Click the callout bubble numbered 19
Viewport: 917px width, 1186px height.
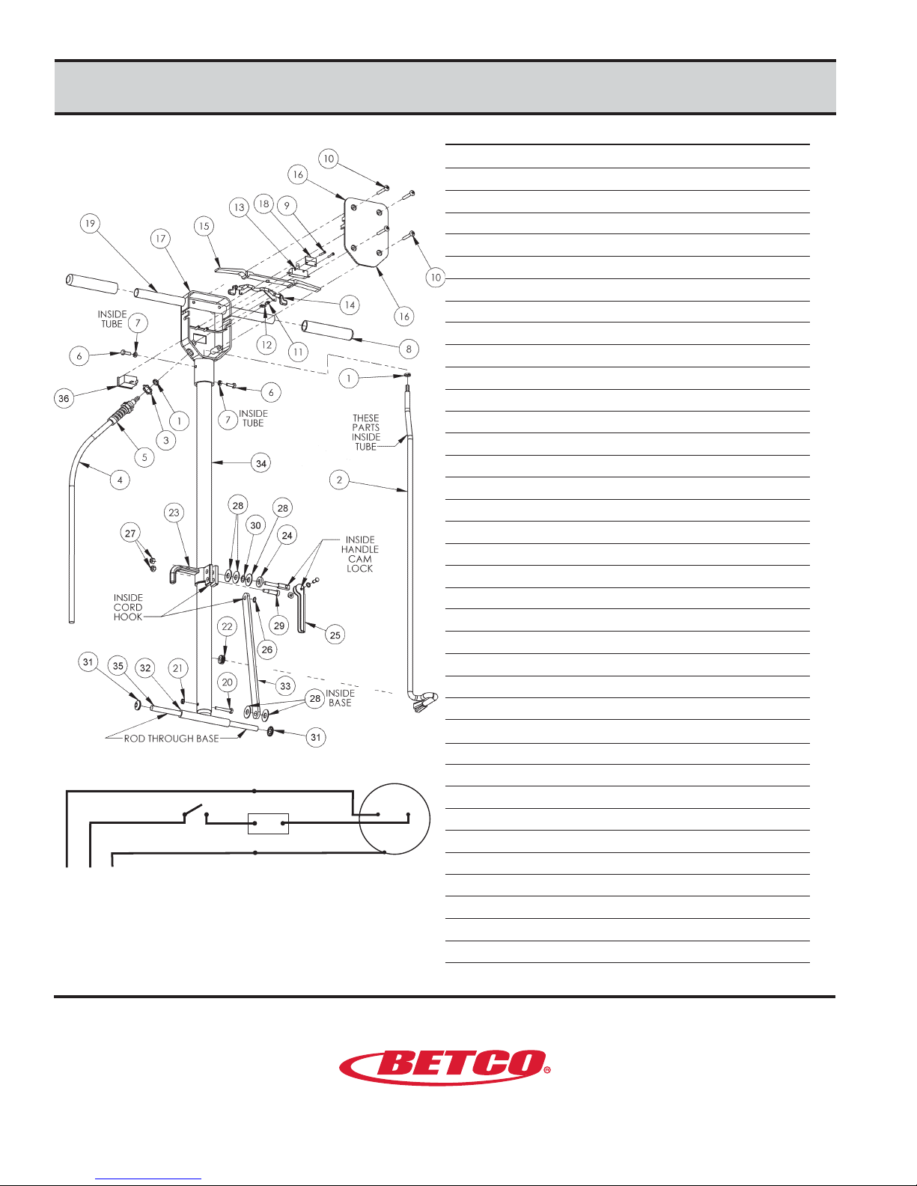(x=90, y=224)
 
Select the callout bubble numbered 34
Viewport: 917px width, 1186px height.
(x=261, y=463)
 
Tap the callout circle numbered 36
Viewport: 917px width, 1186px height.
(x=64, y=398)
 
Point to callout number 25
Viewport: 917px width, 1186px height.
(x=335, y=635)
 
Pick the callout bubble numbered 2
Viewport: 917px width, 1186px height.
(x=340, y=480)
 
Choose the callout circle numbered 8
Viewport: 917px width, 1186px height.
(x=409, y=349)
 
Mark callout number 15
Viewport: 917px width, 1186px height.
(x=204, y=226)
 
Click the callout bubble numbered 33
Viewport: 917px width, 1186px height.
(x=285, y=686)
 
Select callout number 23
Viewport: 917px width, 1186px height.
(x=174, y=513)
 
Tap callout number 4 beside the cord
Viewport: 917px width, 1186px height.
(x=120, y=480)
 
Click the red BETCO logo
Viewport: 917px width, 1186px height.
(x=445, y=1067)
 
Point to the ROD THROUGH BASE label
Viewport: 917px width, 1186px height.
(x=171, y=739)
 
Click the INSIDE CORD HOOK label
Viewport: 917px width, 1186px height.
(x=128, y=608)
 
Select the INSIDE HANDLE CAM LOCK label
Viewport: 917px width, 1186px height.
(x=360, y=554)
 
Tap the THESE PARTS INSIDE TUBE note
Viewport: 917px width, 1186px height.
(x=366, y=432)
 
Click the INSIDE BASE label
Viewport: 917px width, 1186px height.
(x=340, y=698)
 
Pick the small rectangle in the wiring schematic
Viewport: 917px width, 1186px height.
(x=268, y=824)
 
